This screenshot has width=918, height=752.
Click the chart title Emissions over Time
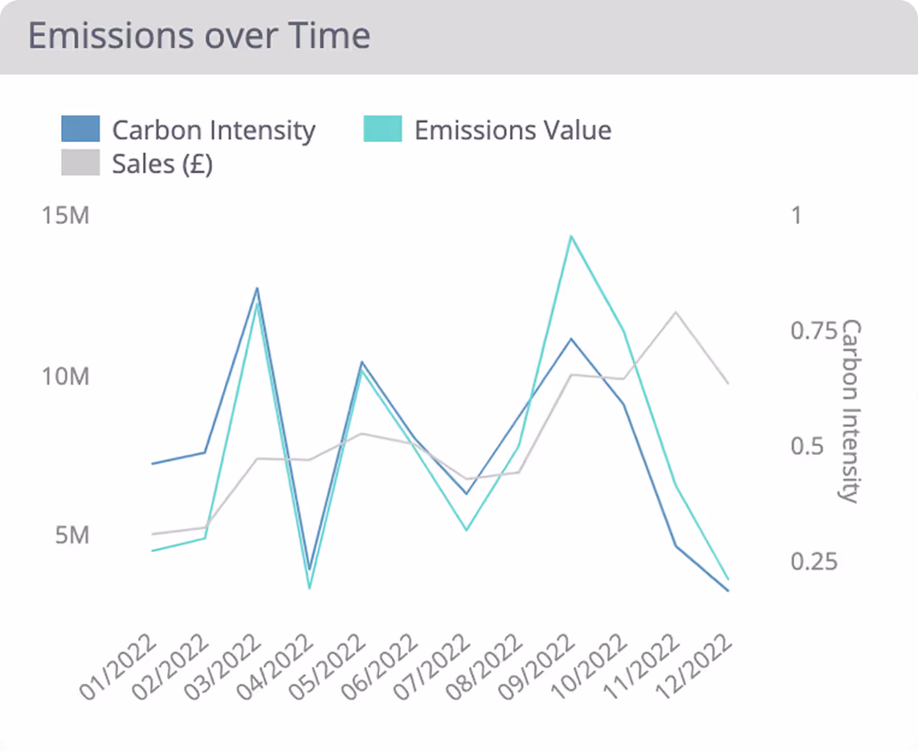click(x=199, y=37)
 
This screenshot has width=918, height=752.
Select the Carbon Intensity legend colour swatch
click(x=80, y=129)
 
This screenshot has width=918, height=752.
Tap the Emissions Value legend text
click(x=512, y=130)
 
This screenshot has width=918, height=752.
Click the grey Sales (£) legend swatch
click(x=80, y=163)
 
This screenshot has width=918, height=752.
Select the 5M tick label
click(x=71, y=535)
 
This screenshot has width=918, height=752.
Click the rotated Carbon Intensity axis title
click(x=850, y=411)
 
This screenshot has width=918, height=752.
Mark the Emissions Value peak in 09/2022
click(x=570, y=236)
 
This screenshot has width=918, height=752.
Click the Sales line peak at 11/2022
click(x=675, y=311)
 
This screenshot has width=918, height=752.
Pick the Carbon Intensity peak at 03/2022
click(x=257, y=288)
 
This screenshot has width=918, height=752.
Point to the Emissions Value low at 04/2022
click(x=309, y=588)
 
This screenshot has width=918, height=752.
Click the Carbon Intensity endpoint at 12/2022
click(x=728, y=591)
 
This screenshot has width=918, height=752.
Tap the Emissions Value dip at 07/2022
click(x=466, y=530)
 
